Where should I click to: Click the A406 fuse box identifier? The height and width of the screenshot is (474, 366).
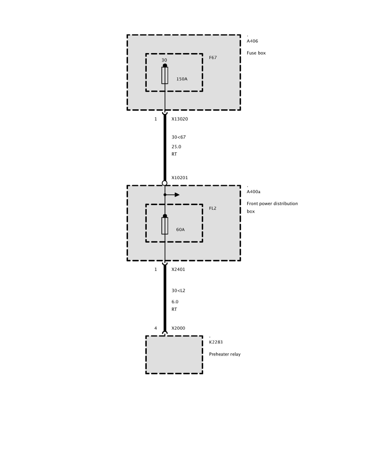coord(252,41)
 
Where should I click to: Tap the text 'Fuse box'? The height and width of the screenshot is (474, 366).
coord(256,53)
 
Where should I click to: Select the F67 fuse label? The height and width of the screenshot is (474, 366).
coord(213,58)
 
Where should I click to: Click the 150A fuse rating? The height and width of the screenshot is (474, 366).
coord(182,79)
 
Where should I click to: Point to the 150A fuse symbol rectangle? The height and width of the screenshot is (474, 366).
coord(165,75)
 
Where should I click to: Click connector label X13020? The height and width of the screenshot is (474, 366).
coord(179,119)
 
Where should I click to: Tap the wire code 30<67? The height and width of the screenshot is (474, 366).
coord(179,137)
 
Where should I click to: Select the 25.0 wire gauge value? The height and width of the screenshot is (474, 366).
coord(176,147)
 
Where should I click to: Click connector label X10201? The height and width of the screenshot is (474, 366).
coord(179,178)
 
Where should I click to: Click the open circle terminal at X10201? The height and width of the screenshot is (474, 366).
coord(165,183)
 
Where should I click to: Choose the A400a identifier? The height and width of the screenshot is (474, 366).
coord(254,192)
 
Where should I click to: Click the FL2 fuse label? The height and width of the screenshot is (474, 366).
coord(213,208)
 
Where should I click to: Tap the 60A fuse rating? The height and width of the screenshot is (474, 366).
coord(181,230)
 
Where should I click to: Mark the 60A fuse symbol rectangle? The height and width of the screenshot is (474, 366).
coord(165,226)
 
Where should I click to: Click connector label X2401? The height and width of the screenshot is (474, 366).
coord(178,270)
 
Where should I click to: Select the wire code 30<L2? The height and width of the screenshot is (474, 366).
coord(178,290)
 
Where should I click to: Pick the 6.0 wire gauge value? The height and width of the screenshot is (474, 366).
coord(175,302)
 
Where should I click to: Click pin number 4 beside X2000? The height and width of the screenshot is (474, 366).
coord(156,328)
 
